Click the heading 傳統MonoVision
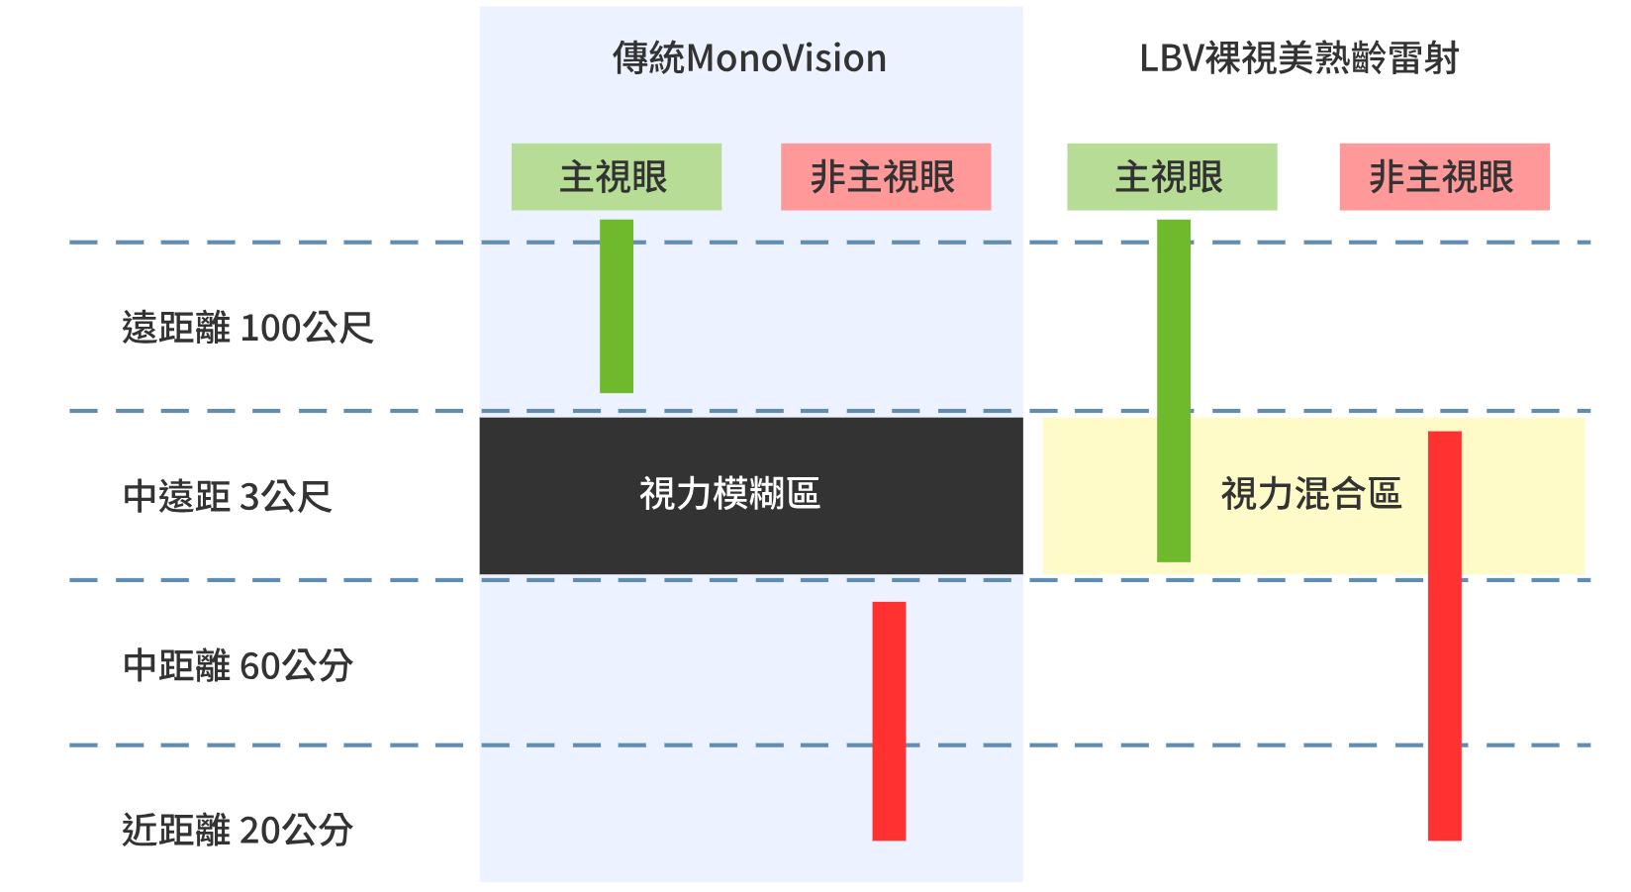749,58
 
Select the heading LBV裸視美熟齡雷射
1298,58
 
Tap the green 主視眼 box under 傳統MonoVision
616,177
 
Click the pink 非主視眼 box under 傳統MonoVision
885,177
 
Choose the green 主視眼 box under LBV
1171,177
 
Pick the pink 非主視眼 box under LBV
1443,177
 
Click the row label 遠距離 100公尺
247,328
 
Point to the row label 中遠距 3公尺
227,496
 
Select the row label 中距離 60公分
238,665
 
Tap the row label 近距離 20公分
238,830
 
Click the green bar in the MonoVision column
616,307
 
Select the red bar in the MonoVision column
888,721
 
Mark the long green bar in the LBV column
1173,391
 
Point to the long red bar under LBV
1444,636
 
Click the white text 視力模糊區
729,493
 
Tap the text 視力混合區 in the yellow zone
1310,493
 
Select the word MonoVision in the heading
786,59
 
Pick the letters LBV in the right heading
1171,59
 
